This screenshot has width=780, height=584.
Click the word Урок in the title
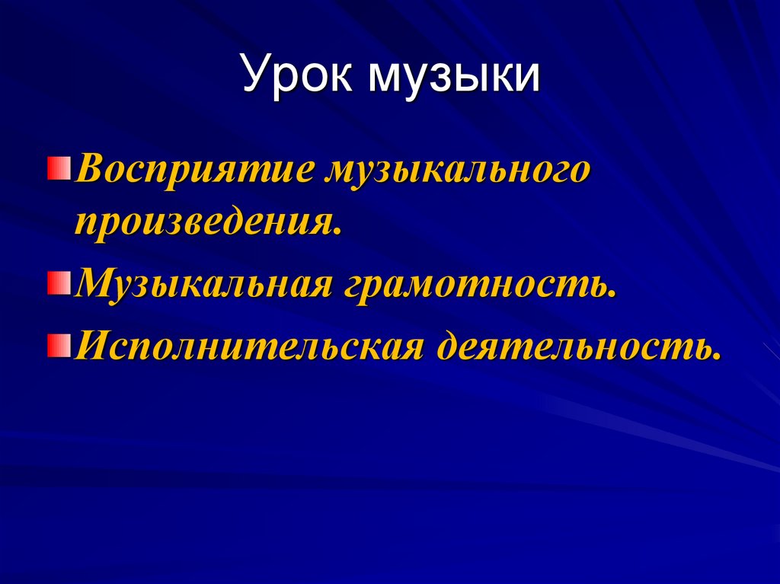coord(298,76)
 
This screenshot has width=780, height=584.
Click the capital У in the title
coord(256,76)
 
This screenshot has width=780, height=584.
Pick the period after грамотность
coord(612,294)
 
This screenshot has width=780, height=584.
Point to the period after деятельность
coord(716,356)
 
